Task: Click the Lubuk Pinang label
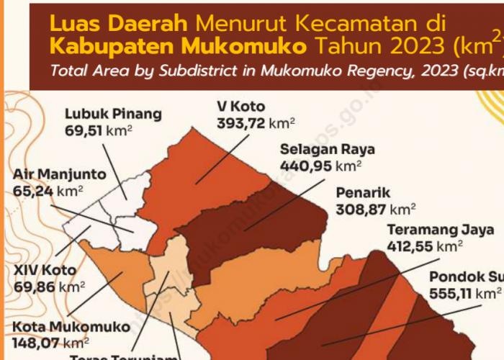click(x=113, y=114)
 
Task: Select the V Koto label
click(x=241, y=107)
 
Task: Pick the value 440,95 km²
click(x=320, y=166)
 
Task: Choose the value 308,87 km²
click(x=376, y=210)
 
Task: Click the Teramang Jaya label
click(x=441, y=230)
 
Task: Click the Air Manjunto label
click(x=59, y=174)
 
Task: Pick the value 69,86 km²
click(x=50, y=287)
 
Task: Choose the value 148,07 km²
click(x=50, y=343)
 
